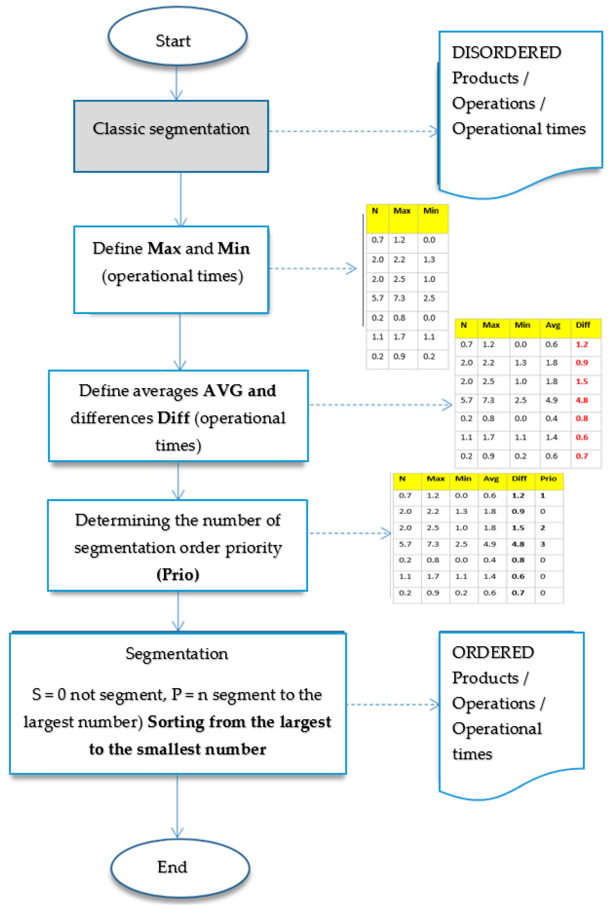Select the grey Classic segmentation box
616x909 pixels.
pyautogui.click(x=171, y=136)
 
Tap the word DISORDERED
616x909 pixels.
pyautogui.click(x=506, y=52)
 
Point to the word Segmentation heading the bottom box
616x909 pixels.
pyautogui.click(x=177, y=654)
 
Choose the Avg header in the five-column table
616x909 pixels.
pyautogui.click(x=552, y=325)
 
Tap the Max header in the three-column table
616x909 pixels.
pyautogui.click(x=402, y=211)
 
